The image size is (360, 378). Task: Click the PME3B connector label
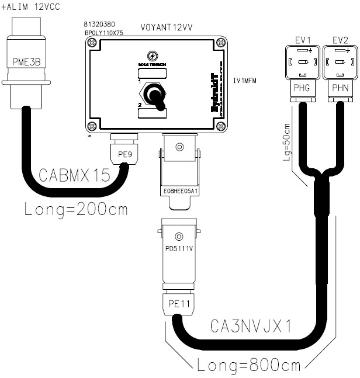pos(26,61)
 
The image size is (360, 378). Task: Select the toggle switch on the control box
pos(154,95)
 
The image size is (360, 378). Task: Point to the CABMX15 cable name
pos(74,175)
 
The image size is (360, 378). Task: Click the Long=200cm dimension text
pos(76,209)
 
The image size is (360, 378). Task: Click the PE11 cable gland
pos(179,303)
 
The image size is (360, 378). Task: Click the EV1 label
pos(302,40)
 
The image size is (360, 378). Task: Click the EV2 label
pos(340,40)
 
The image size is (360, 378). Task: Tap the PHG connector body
pos(302,89)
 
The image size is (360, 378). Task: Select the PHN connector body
pos(340,89)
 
